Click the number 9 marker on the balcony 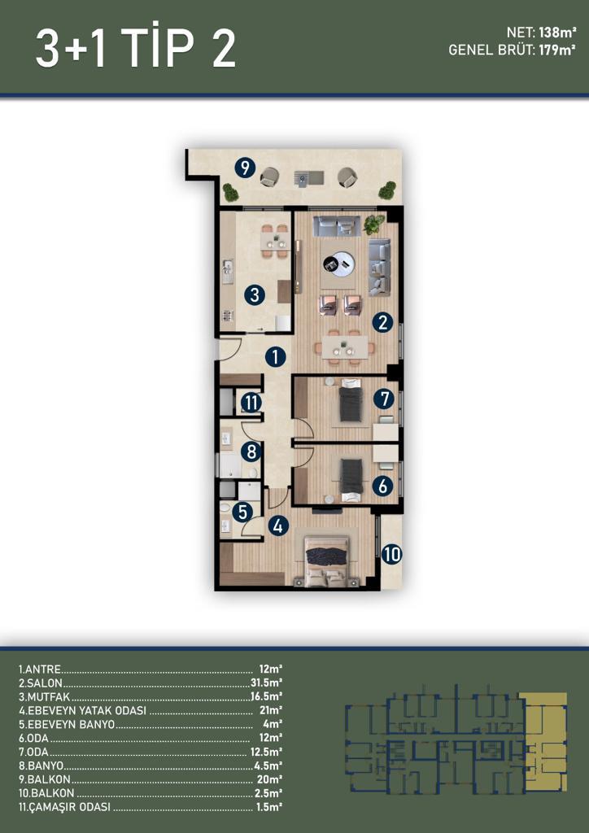click(x=245, y=168)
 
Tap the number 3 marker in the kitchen click(x=255, y=294)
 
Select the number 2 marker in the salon click(x=382, y=322)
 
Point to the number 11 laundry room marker click(x=251, y=403)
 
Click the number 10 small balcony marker click(x=392, y=555)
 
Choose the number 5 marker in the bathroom click(x=242, y=512)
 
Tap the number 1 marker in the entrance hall click(x=275, y=357)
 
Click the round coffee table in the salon click(x=339, y=263)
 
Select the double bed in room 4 click(x=325, y=560)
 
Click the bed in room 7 click(x=351, y=399)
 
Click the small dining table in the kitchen click(x=275, y=241)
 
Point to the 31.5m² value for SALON click(x=266, y=683)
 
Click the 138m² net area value click(x=557, y=33)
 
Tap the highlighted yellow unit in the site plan click(x=543, y=742)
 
